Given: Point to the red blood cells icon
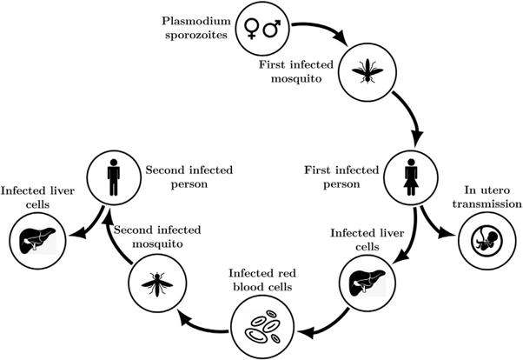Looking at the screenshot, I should click(260, 329).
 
